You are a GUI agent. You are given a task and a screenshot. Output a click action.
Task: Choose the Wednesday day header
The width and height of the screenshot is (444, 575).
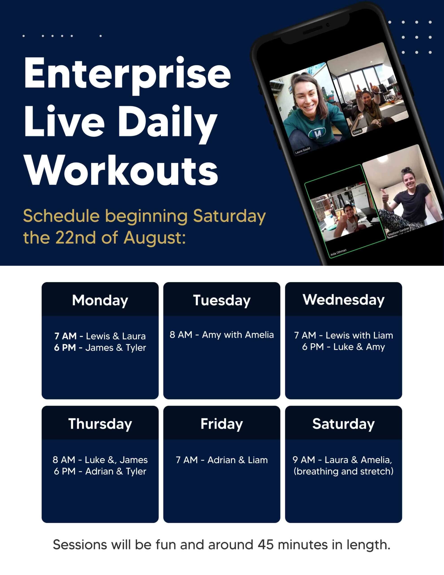[x=343, y=300]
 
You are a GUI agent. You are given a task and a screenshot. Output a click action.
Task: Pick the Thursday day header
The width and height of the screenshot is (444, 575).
[x=100, y=424]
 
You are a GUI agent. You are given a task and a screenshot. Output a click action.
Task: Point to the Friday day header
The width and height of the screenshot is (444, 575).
[x=222, y=424]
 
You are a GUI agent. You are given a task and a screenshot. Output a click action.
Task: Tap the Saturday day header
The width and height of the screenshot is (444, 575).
[x=343, y=424]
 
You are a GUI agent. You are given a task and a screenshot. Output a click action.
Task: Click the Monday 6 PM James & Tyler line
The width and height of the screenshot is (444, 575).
[x=100, y=348]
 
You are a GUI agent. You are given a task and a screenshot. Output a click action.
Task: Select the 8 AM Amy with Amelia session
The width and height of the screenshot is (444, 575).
[x=222, y=335]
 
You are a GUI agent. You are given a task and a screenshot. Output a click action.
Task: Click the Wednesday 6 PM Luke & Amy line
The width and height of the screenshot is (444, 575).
[x=343, y=347]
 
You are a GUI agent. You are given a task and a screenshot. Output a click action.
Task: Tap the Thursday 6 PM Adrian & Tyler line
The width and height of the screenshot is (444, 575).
[x=100, y=471]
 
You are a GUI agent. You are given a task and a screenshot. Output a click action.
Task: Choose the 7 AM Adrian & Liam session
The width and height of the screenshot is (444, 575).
[x=222, y=460]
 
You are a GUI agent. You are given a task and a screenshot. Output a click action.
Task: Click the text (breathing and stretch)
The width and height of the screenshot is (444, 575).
[x=343, y=471]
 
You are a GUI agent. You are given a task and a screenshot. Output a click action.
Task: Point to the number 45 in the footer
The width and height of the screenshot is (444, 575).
[x=265, y=545]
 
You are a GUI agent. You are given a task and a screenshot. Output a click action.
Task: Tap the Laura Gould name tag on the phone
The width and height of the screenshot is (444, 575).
[x=302, y=150]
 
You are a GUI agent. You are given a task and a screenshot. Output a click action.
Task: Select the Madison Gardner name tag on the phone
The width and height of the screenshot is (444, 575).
[x=399, y=231]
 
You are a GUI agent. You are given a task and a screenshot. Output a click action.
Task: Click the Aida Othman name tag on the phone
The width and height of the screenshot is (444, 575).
[x=338, y=252]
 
